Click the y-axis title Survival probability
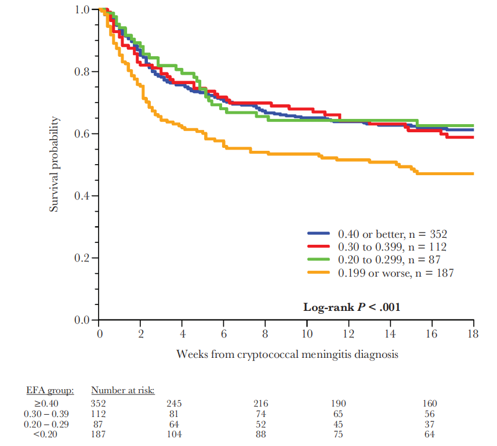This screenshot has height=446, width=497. [x=54, y=164]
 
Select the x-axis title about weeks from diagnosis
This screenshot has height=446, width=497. [x=287, y=354]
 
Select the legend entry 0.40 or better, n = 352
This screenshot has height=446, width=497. [x=392, y=234]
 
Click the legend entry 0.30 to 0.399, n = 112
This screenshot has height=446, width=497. [x=392, y=246]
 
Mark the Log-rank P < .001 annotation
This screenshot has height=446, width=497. [x=351, y=307]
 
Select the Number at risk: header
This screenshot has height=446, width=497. [x=122, y=390]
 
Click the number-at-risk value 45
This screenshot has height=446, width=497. [x=338, y=425]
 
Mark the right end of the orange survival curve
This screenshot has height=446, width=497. [x=473, y=173]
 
